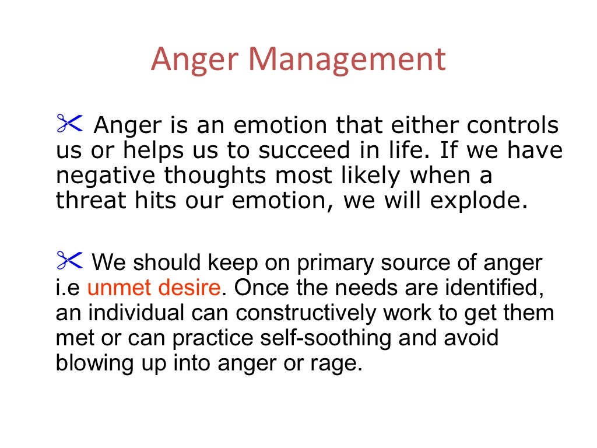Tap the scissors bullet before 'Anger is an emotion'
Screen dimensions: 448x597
(70, 124)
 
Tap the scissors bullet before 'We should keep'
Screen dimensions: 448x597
(70, 261)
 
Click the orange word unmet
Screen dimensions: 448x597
(120, 288)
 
